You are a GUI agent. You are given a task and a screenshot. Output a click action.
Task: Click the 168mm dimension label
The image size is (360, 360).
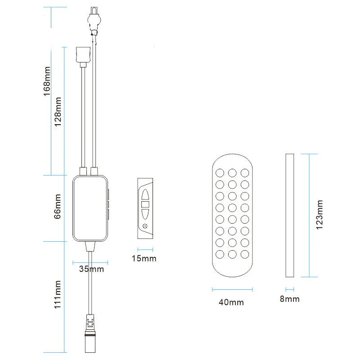coord(47,81)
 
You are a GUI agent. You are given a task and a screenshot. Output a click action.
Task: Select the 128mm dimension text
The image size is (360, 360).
coord(58,112)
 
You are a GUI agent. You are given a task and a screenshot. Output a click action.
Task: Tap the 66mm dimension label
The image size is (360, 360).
coord(58,207)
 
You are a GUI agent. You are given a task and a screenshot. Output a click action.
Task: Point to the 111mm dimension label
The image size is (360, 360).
coord(58,294)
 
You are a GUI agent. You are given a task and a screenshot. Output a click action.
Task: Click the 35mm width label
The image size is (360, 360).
coord(91,269)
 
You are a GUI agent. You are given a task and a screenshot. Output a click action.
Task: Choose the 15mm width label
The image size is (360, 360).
coord(144,258)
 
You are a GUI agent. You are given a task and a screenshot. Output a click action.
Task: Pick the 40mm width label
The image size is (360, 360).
coord(231,302)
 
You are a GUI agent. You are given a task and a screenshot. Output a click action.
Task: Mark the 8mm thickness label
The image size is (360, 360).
coord(290,299)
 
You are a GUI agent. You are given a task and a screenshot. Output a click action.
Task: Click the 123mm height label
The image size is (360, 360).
coord(319,215)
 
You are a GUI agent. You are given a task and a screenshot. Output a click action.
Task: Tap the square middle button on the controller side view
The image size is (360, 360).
coord(145,204)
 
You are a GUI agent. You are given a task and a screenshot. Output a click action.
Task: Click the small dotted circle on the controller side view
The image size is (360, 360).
coord(145,226)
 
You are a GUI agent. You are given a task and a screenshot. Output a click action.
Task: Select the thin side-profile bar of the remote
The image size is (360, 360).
coord(290,216)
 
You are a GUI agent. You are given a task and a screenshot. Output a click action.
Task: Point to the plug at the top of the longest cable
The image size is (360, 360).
coord(94,21)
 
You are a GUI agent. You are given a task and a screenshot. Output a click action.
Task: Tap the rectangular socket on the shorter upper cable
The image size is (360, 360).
coord(83,54)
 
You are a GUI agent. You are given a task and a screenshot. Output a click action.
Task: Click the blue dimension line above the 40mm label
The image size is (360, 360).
coord(232,289)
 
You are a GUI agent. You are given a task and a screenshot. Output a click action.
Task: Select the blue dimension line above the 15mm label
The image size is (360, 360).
coord(145,250)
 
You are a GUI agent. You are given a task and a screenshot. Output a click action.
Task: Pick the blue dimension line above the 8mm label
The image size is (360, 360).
coord(290,289)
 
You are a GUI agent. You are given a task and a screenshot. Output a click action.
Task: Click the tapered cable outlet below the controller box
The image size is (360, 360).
coord(90,246)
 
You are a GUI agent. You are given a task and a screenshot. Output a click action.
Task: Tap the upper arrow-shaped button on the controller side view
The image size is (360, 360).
coord(145,195)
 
